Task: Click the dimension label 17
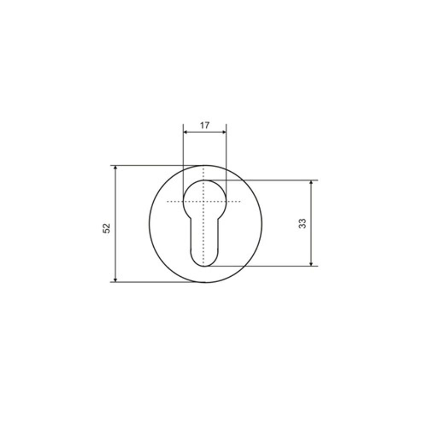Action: pyautogui.click(x=205, y=126)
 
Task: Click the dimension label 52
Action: pyautogui.click(x=106, y=228)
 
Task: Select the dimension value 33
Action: pyautogui.click(x=303, y=223)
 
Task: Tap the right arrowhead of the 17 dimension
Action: pyautogui.click(x=224, y=132)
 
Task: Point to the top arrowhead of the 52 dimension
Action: pyautogui.click(x=115, y=167)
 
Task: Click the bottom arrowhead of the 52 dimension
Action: pyautogui.click(x=115, y=280)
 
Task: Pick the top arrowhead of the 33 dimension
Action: pyautogui.click(x=311, y=182)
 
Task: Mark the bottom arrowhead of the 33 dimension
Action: pyautogui.click(x=311, y=264)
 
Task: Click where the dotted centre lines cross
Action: pyautogui.click(x=203, y=202)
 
